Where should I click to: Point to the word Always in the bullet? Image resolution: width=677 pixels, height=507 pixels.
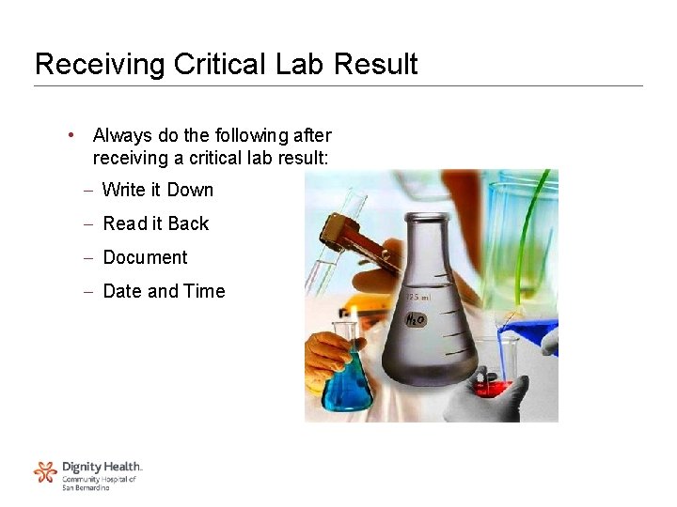click(119, 136)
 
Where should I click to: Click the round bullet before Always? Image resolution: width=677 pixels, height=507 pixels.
click(71, 135)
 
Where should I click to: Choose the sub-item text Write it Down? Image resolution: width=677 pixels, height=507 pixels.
click(158, 190)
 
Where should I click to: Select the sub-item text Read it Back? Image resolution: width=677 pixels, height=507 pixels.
click(156, 223)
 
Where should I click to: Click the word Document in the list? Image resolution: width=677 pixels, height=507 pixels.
click(145, 257)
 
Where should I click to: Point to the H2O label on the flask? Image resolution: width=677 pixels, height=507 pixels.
click(415, 320)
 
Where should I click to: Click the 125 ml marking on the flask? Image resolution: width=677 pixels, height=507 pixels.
click(417, 298)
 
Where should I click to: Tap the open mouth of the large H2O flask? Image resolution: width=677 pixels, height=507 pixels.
click(427, 219)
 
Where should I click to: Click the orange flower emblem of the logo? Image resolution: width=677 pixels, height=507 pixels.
click(45, 472)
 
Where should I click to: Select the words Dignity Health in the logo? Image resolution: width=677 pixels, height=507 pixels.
click(102, 467)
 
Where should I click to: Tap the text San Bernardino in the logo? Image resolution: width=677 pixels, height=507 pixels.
click(86, 487)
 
